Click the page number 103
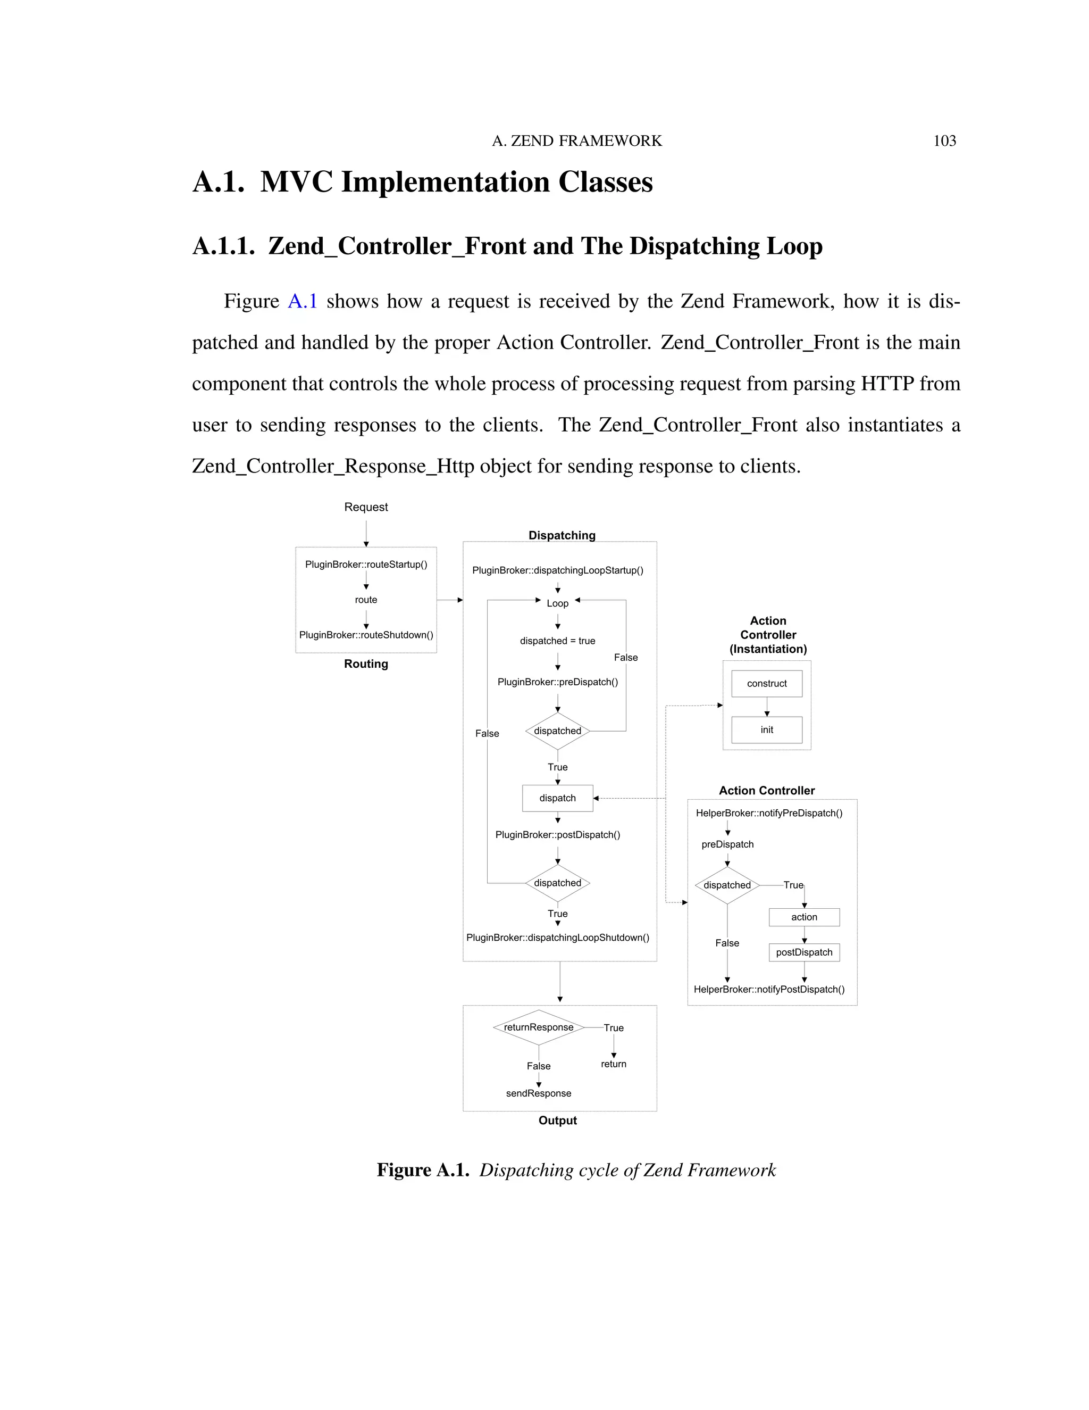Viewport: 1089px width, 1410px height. [944, 141]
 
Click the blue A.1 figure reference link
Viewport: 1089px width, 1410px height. [302, 302]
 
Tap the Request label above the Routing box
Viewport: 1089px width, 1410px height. [366, 507]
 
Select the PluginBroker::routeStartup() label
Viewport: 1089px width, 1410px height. [366, 564]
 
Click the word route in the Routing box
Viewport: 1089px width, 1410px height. [366, 600]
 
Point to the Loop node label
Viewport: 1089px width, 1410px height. [557, 603]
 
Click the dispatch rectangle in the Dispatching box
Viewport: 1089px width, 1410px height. [557, 798]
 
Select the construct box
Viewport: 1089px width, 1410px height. [766, 683]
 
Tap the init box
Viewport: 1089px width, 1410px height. [766, 729]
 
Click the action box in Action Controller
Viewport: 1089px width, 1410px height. [804, 917]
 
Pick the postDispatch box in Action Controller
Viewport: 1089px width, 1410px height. [804, 952]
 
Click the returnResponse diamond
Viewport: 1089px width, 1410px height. [539, 1027]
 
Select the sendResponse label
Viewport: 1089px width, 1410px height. [539, 1093]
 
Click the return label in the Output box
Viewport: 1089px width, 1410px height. [614, 1064]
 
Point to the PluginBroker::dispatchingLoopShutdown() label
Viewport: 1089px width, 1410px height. [558, 938]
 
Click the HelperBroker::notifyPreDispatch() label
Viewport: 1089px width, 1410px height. [769, 813]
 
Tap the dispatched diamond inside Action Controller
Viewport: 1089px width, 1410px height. [727, 885]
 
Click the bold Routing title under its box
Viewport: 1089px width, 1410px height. [366, 663]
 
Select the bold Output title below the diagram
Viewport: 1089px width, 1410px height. [558, 1120]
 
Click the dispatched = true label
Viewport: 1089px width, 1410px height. [557, 641]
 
